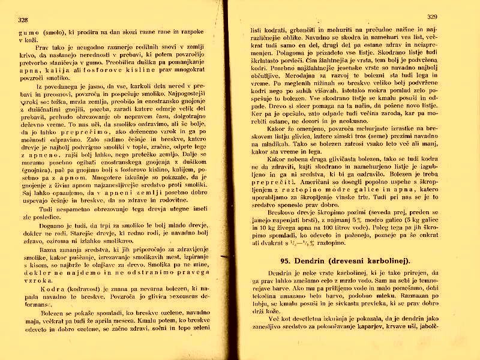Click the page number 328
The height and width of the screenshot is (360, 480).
tap(23, 19)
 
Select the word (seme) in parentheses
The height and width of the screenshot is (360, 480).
tap(367, 136)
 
